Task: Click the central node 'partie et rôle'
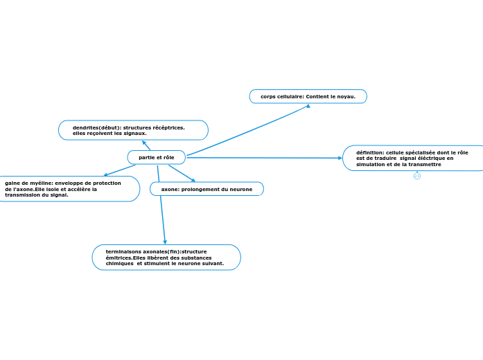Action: coord(157,158)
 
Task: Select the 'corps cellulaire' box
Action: coord(308,97)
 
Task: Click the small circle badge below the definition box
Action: coord(417,176)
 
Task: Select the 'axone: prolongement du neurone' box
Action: coord(207,189)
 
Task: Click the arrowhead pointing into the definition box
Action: coord(340,158)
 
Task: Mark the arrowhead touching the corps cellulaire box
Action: coord(308,106)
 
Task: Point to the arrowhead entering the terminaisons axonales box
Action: coord(165,242)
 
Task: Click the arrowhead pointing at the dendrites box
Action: coord(144,143)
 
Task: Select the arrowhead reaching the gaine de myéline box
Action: coord(105,174)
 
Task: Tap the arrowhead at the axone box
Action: coord(193,180)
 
